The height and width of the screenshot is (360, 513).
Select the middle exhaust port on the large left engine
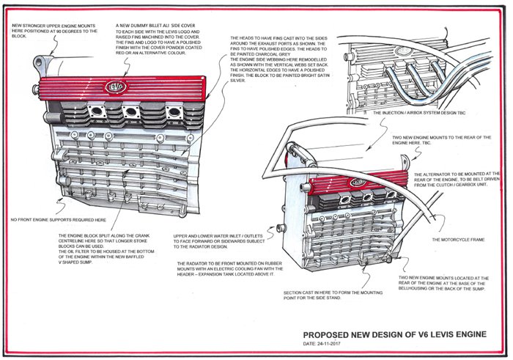[132, 112]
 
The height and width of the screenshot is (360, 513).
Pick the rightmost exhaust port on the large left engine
[174, 112]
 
